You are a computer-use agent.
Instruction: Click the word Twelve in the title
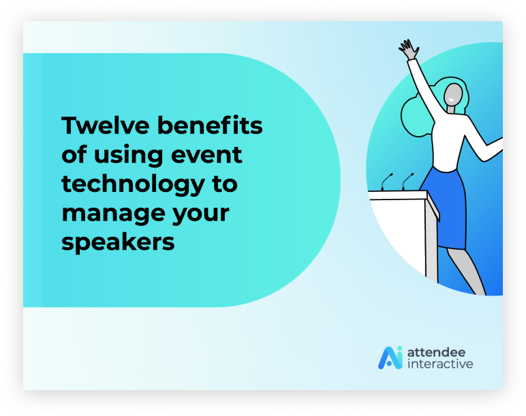tap(106, 125)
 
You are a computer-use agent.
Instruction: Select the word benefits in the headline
tap(210, 125)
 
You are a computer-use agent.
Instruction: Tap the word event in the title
tap(206, 155)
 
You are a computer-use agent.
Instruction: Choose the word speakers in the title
tap(118, 242)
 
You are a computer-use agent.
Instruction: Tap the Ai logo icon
tap(390, 357)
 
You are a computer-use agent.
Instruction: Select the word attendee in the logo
tap(437, 352)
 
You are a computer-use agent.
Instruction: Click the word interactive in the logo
tap(440, 364)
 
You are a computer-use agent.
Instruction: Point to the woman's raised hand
tap(409, 49)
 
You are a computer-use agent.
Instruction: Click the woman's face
tap(453, 95)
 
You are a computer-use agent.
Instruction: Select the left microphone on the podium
tap(386, 182)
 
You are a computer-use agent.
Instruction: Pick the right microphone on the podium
tap(407, 181)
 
